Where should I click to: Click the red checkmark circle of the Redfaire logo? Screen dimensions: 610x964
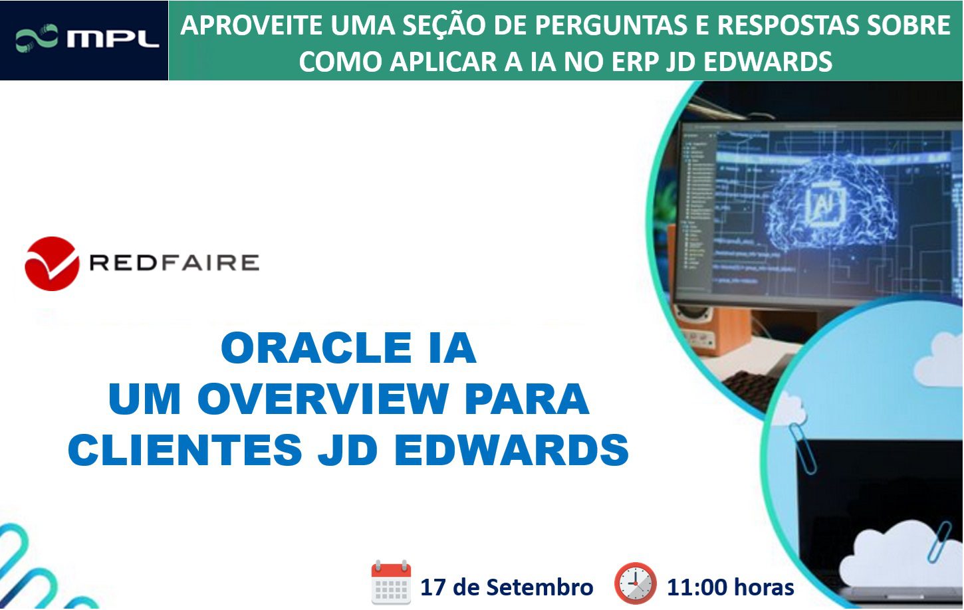click(x=52, y=264)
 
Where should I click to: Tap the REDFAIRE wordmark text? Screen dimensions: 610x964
click(x=174, y=263)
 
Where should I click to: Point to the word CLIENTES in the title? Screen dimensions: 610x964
click(x=185, y=450)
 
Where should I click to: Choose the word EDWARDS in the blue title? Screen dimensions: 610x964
click(x=511, y=450)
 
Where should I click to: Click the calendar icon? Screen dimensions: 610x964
click(x=391, y=583)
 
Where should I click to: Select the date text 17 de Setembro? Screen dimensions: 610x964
click(x=507, y=587)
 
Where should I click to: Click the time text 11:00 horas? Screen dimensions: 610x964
click(x=730, y=587)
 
